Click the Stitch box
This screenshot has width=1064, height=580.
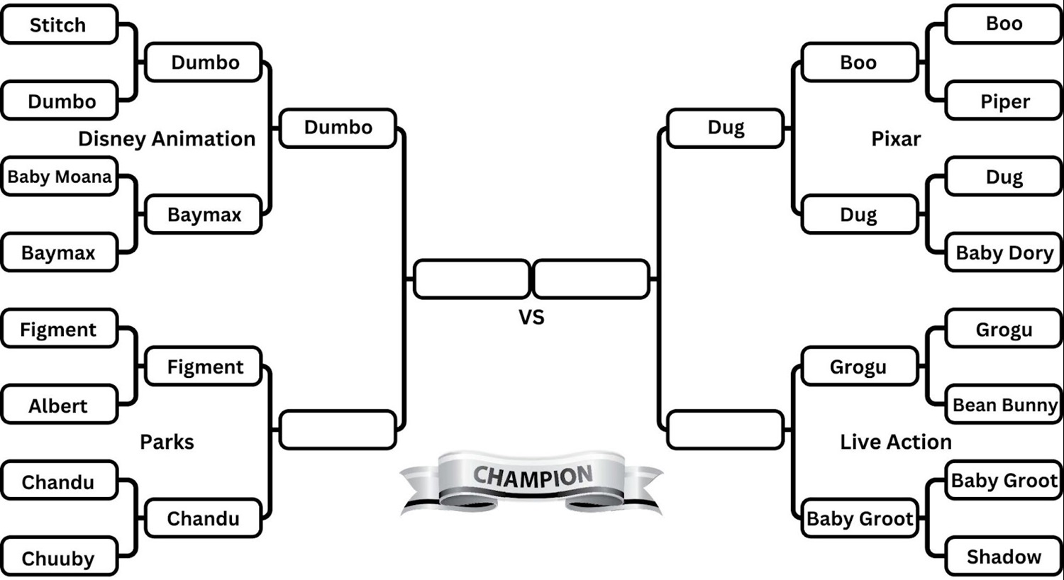coord(59,25)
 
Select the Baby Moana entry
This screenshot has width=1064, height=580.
coord(60,177)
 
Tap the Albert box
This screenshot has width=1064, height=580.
coord(59,406)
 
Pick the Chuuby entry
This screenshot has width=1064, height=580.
coord(59,558)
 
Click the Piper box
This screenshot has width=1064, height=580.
coord(1004,101)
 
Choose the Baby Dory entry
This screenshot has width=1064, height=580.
coord(1004,252)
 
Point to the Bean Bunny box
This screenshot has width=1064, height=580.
coord(1004,405)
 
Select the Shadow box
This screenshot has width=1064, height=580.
coord(1004,557)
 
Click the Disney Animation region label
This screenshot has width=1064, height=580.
coord(167,139)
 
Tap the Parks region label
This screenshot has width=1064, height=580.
coord(167,442)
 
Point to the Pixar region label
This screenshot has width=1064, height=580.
coord(896,139)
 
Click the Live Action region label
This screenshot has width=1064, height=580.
coord(896,442)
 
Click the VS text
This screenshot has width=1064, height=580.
coord(531,317)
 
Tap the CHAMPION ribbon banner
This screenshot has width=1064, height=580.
coord(532,479)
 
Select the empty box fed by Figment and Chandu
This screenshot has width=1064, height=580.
coord(338,430)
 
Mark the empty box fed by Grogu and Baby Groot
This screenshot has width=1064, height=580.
coord(726,430)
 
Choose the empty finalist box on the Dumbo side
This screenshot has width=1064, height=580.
coord(472,279)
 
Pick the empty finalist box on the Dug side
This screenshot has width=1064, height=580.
coord(591,279)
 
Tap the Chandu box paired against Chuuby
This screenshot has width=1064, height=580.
coord(59,481)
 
